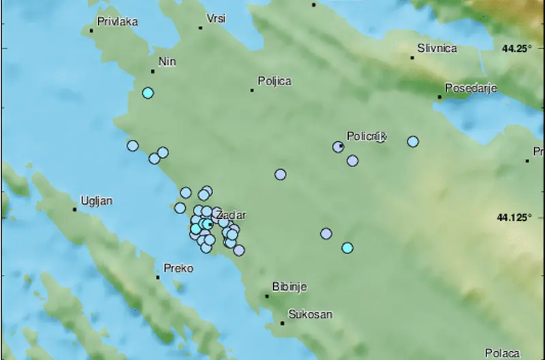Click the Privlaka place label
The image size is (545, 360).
118,22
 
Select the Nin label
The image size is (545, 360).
167,62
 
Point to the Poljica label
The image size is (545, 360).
275,82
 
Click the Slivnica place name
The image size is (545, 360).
437,48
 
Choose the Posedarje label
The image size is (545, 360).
471,88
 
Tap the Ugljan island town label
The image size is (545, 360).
96,200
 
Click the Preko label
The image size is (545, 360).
179,269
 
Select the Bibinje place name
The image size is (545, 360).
289,287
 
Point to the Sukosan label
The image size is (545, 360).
310,314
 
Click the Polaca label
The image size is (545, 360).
502,353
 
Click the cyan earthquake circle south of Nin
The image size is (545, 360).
148,93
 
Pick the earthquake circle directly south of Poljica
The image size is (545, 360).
280,175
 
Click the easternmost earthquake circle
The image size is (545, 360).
413,141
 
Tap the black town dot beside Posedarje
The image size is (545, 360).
440,97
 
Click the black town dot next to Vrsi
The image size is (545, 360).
201,28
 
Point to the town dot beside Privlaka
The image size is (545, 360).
91,30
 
